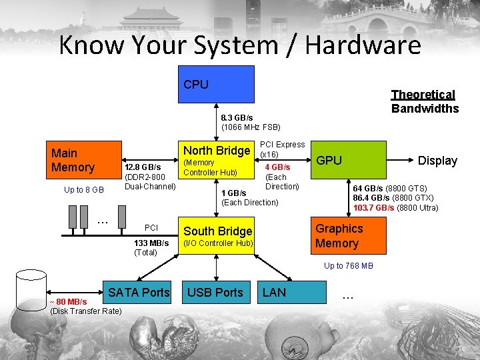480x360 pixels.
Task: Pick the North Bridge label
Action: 216,150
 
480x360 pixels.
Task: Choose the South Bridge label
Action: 218,231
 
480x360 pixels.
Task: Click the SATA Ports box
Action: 139,292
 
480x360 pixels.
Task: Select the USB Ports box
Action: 215,292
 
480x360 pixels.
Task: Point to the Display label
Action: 437,161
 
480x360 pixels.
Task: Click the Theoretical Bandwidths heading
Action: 425,101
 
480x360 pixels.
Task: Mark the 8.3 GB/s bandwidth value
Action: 237,117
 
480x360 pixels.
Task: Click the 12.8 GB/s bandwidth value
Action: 142,166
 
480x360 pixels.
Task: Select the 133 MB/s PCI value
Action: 151,243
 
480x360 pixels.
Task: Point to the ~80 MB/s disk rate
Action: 67,302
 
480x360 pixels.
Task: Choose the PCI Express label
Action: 281,145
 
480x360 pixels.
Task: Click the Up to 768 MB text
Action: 348,266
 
